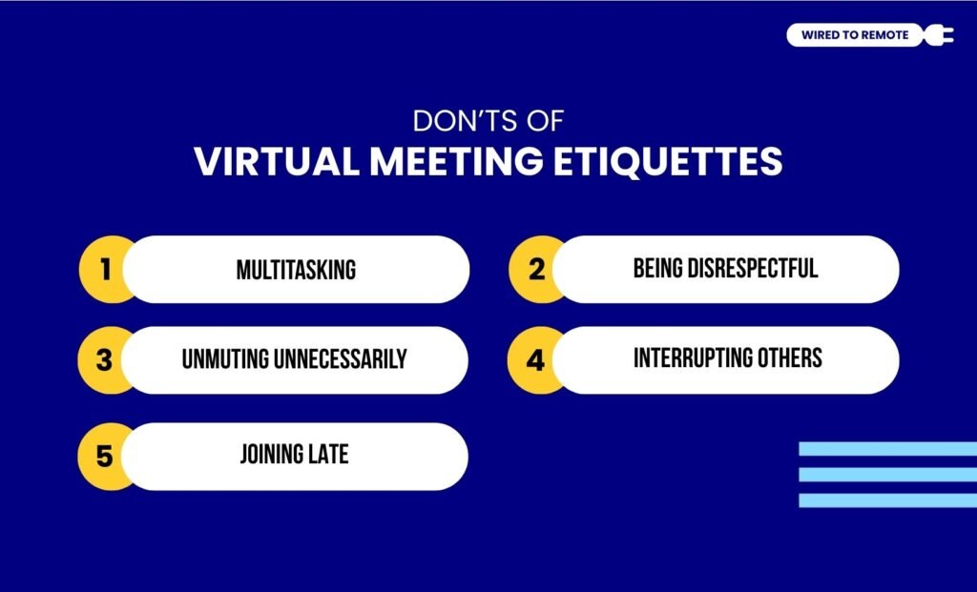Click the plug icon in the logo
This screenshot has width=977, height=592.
(939, 35)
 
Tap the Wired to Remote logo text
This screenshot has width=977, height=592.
(855, 35)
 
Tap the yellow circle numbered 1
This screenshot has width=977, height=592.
(104, 270)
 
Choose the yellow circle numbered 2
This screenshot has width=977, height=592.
(535, 270)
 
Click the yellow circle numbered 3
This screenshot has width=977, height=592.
(104, 360)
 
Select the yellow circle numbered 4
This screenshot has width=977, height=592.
(535, 360)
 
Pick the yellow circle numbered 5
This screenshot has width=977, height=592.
(104, 457)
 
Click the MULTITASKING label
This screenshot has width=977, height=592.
(296, 270)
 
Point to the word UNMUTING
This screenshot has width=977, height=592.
(225, 359)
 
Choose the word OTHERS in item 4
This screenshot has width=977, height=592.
(790, 358)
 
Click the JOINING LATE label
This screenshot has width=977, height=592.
(294, 455)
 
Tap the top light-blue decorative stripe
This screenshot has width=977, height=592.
(887, 449)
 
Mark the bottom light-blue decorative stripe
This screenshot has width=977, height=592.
(887, 500)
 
